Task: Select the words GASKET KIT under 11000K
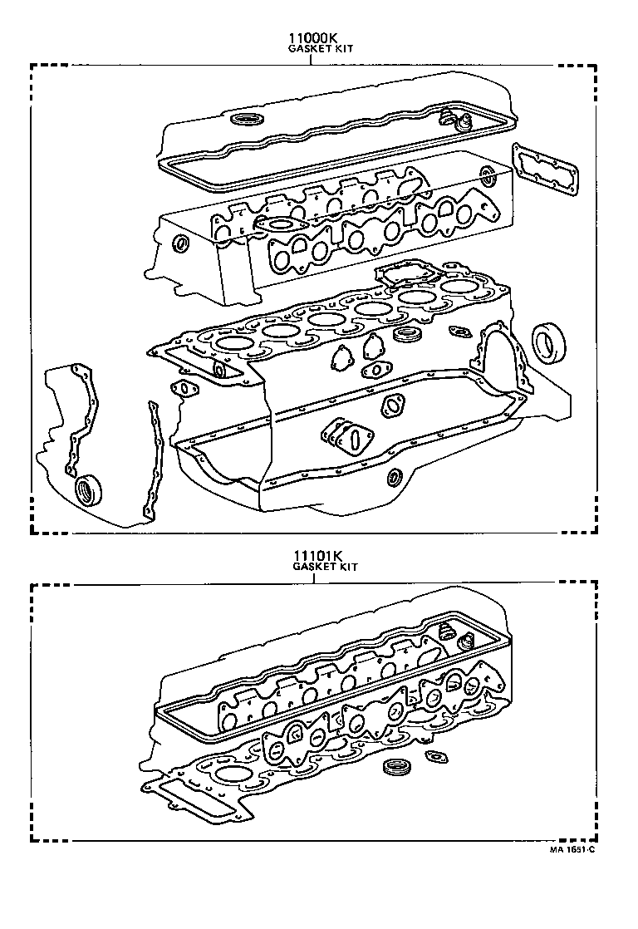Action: [320, 49]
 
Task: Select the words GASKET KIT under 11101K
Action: [325, 566]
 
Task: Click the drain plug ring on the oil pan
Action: [394, 477]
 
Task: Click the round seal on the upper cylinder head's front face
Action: [180, 243]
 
